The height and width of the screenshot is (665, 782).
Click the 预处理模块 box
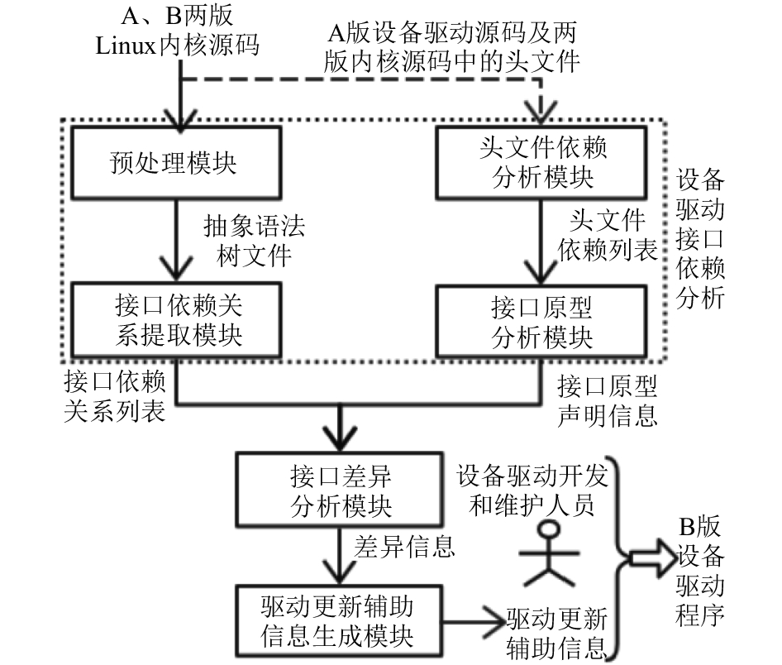[x=177, y=163]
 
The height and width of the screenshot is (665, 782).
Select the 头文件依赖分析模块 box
[x=541, y=163]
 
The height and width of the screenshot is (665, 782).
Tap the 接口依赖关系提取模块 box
[x=177, y=320]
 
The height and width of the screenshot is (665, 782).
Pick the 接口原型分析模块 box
[x=541, y=322]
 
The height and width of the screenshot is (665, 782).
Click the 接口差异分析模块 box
[x=339, y=490]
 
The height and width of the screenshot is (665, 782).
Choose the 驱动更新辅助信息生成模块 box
[x=339, y=621]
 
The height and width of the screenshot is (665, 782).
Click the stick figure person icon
[x=549, y=553]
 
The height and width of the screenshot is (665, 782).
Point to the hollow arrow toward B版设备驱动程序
[x=651, y=558]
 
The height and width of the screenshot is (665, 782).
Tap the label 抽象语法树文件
[x=254, y=241]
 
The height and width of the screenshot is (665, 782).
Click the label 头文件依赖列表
[x=607, y=234]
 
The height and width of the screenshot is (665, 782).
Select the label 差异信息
[x=404, y=546]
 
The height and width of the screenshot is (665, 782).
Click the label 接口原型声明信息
[x=607, y=400]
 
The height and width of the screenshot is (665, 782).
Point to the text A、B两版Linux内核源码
[x=178, y=31]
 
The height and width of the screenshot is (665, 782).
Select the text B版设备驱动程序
[x=699, y=572]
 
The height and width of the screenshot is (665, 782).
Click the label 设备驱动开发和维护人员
[x=532, y=490]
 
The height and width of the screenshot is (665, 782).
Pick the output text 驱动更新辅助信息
[x=556, y=634]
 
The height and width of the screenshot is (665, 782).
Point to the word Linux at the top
[x=126, y=46]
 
